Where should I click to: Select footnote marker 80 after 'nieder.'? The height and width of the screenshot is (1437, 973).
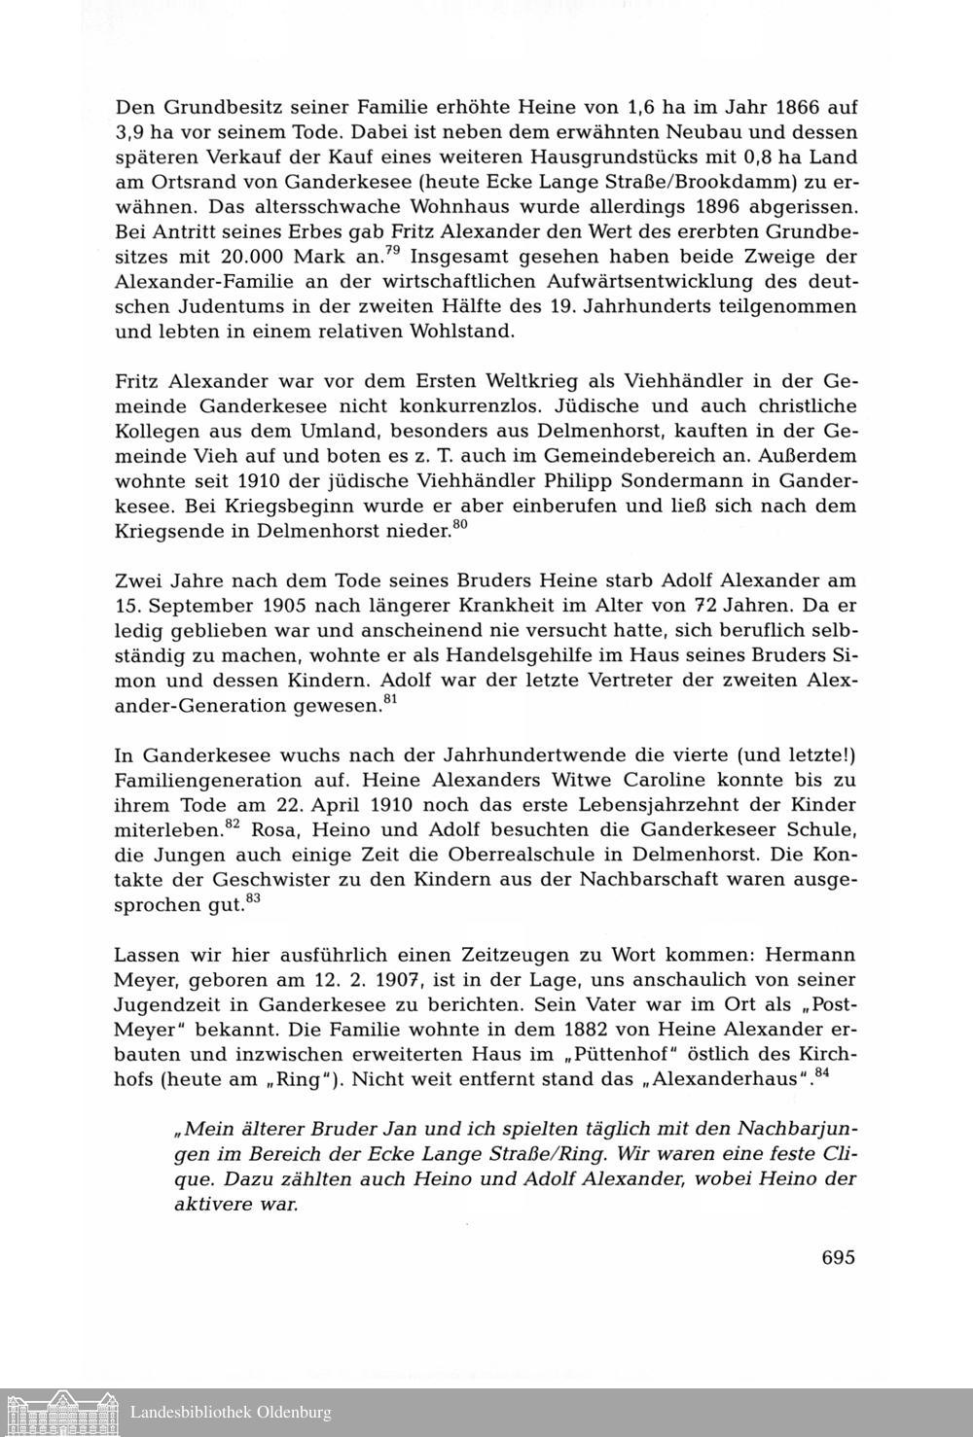461,526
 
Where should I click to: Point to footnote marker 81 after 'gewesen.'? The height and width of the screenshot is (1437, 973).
389,700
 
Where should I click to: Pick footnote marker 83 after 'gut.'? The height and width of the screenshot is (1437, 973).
253,899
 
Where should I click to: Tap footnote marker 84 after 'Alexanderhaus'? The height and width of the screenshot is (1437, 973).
820,1071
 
